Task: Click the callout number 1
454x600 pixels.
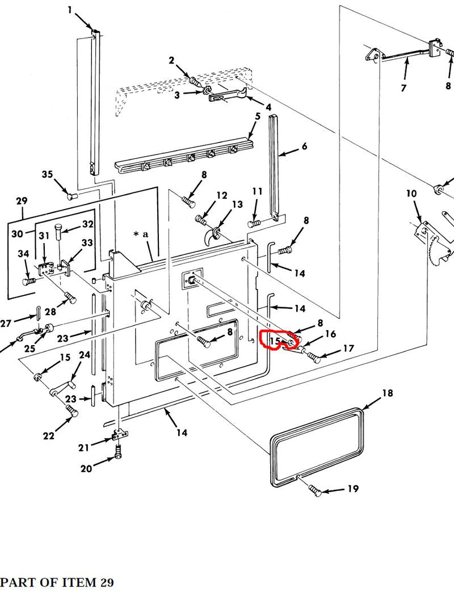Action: [70, 10]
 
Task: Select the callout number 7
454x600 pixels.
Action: [403, 88]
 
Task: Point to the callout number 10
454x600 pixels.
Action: [411, 194]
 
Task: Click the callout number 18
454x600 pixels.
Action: [387, 393]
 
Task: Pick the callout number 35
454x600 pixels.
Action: [47, 174]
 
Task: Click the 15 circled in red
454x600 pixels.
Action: [275, 342]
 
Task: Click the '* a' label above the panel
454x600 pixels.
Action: [141, 234]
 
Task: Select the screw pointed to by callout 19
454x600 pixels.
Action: [316, 491]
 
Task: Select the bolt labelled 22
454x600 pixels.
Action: [70, 410]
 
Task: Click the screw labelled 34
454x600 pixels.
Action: [28, 280]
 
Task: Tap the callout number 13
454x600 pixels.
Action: [237, 204]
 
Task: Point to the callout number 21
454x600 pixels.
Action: [84, 448]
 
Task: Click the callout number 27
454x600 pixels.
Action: [6, 323]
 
